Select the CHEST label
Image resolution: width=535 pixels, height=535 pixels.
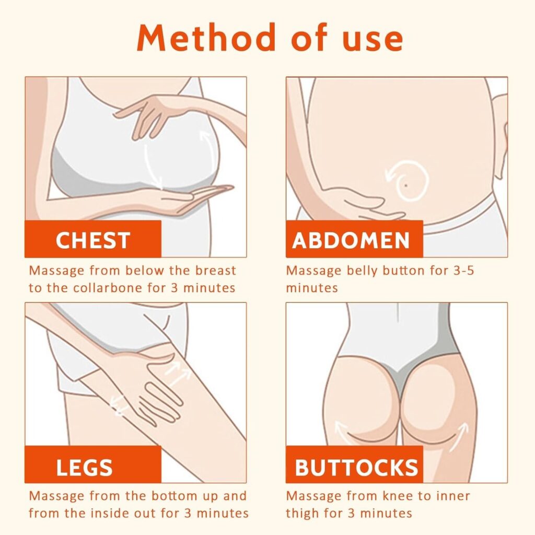point(93,240)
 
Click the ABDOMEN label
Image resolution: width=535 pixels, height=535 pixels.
point(351,240)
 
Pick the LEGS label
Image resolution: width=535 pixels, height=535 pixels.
point(84,468)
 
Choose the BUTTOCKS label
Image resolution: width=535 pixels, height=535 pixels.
point(356,468)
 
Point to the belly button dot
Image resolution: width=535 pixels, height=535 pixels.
point(406,185)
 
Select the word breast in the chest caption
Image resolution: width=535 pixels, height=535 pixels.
point(216,271)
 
